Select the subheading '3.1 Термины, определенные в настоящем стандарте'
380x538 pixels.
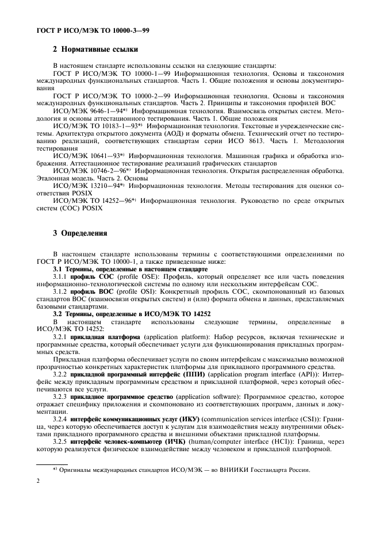pos(130,269)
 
